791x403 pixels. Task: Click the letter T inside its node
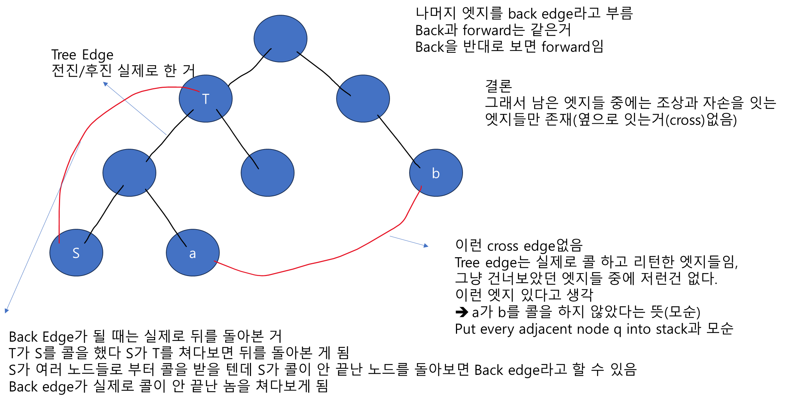pos(206,99)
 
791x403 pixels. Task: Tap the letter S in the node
pos(76,253)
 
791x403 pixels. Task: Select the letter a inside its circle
pos(192,254)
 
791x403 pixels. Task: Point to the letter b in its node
pos(436,173)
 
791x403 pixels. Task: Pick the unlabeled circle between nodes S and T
pos(129,173)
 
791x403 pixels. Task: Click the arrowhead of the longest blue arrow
pos(6,311)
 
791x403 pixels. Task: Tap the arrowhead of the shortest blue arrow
pos(426,246)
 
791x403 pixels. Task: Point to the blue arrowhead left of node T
pos(105,84)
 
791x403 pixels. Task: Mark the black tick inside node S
pos(88,238)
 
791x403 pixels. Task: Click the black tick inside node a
pos(182,240)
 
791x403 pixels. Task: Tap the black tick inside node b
pos(417,164)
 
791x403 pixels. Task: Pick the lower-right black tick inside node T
pos(219,113)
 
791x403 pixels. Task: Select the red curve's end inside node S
pos(59,242)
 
